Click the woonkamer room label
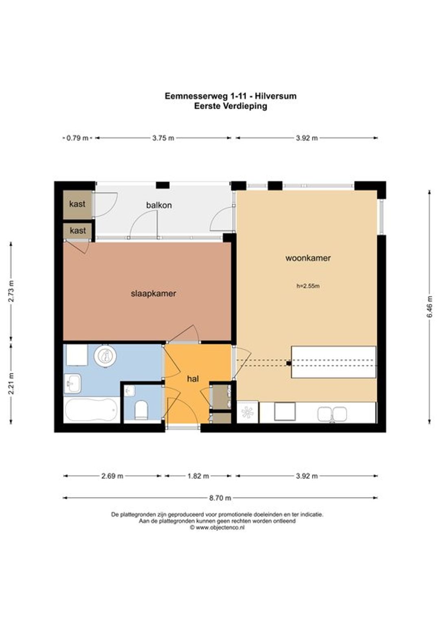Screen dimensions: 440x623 [308, 258]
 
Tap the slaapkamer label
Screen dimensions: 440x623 [154, 294]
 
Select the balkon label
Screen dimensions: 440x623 [159, 205]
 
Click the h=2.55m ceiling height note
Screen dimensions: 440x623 [308, 286]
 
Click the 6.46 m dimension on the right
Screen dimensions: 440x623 [430, 306]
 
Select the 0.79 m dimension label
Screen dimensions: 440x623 [77, 138]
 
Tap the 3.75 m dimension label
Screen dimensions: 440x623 [163, 138]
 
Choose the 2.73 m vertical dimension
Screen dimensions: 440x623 [11, 291]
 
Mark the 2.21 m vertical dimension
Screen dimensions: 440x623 [11, 384]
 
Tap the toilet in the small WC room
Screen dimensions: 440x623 [141, 410]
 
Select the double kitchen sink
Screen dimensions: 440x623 [332, 413]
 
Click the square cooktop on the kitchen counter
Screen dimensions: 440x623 [285, 411]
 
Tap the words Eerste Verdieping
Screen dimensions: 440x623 [231, 106]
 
